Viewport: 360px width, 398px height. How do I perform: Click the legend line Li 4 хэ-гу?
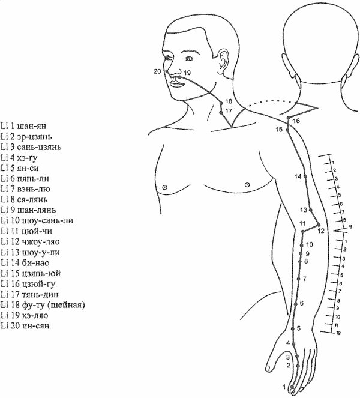point(19,158)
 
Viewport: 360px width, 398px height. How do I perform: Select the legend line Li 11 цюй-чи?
point(26,231)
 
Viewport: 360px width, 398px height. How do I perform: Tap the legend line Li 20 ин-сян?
point(25,325)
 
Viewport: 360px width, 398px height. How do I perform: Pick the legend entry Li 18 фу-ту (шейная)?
point(43,304)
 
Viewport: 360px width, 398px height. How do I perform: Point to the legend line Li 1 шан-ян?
point(23,126)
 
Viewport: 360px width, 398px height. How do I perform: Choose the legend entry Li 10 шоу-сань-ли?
point(37,220)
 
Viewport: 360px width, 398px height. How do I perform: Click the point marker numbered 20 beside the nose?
point(167,71)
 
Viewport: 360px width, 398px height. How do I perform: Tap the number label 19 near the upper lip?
point(187,73)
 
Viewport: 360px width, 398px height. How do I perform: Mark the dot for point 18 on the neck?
point(221,103)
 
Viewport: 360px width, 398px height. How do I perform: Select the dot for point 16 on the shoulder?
point(288,118)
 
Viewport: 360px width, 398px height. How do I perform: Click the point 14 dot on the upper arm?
point(305,176)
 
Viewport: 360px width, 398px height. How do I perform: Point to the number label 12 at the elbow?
point(321,231)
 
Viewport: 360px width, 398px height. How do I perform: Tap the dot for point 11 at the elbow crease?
point(302,231)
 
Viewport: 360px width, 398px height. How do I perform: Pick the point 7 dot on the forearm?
point(299,279)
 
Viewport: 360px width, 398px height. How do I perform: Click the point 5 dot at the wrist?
point(293,329)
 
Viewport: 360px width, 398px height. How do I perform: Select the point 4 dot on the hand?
point(293,344)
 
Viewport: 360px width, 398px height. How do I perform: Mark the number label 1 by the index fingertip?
point(284,387)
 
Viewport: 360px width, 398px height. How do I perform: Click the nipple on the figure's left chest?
point(247,185)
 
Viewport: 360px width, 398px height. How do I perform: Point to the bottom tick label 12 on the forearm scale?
point(338,333)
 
